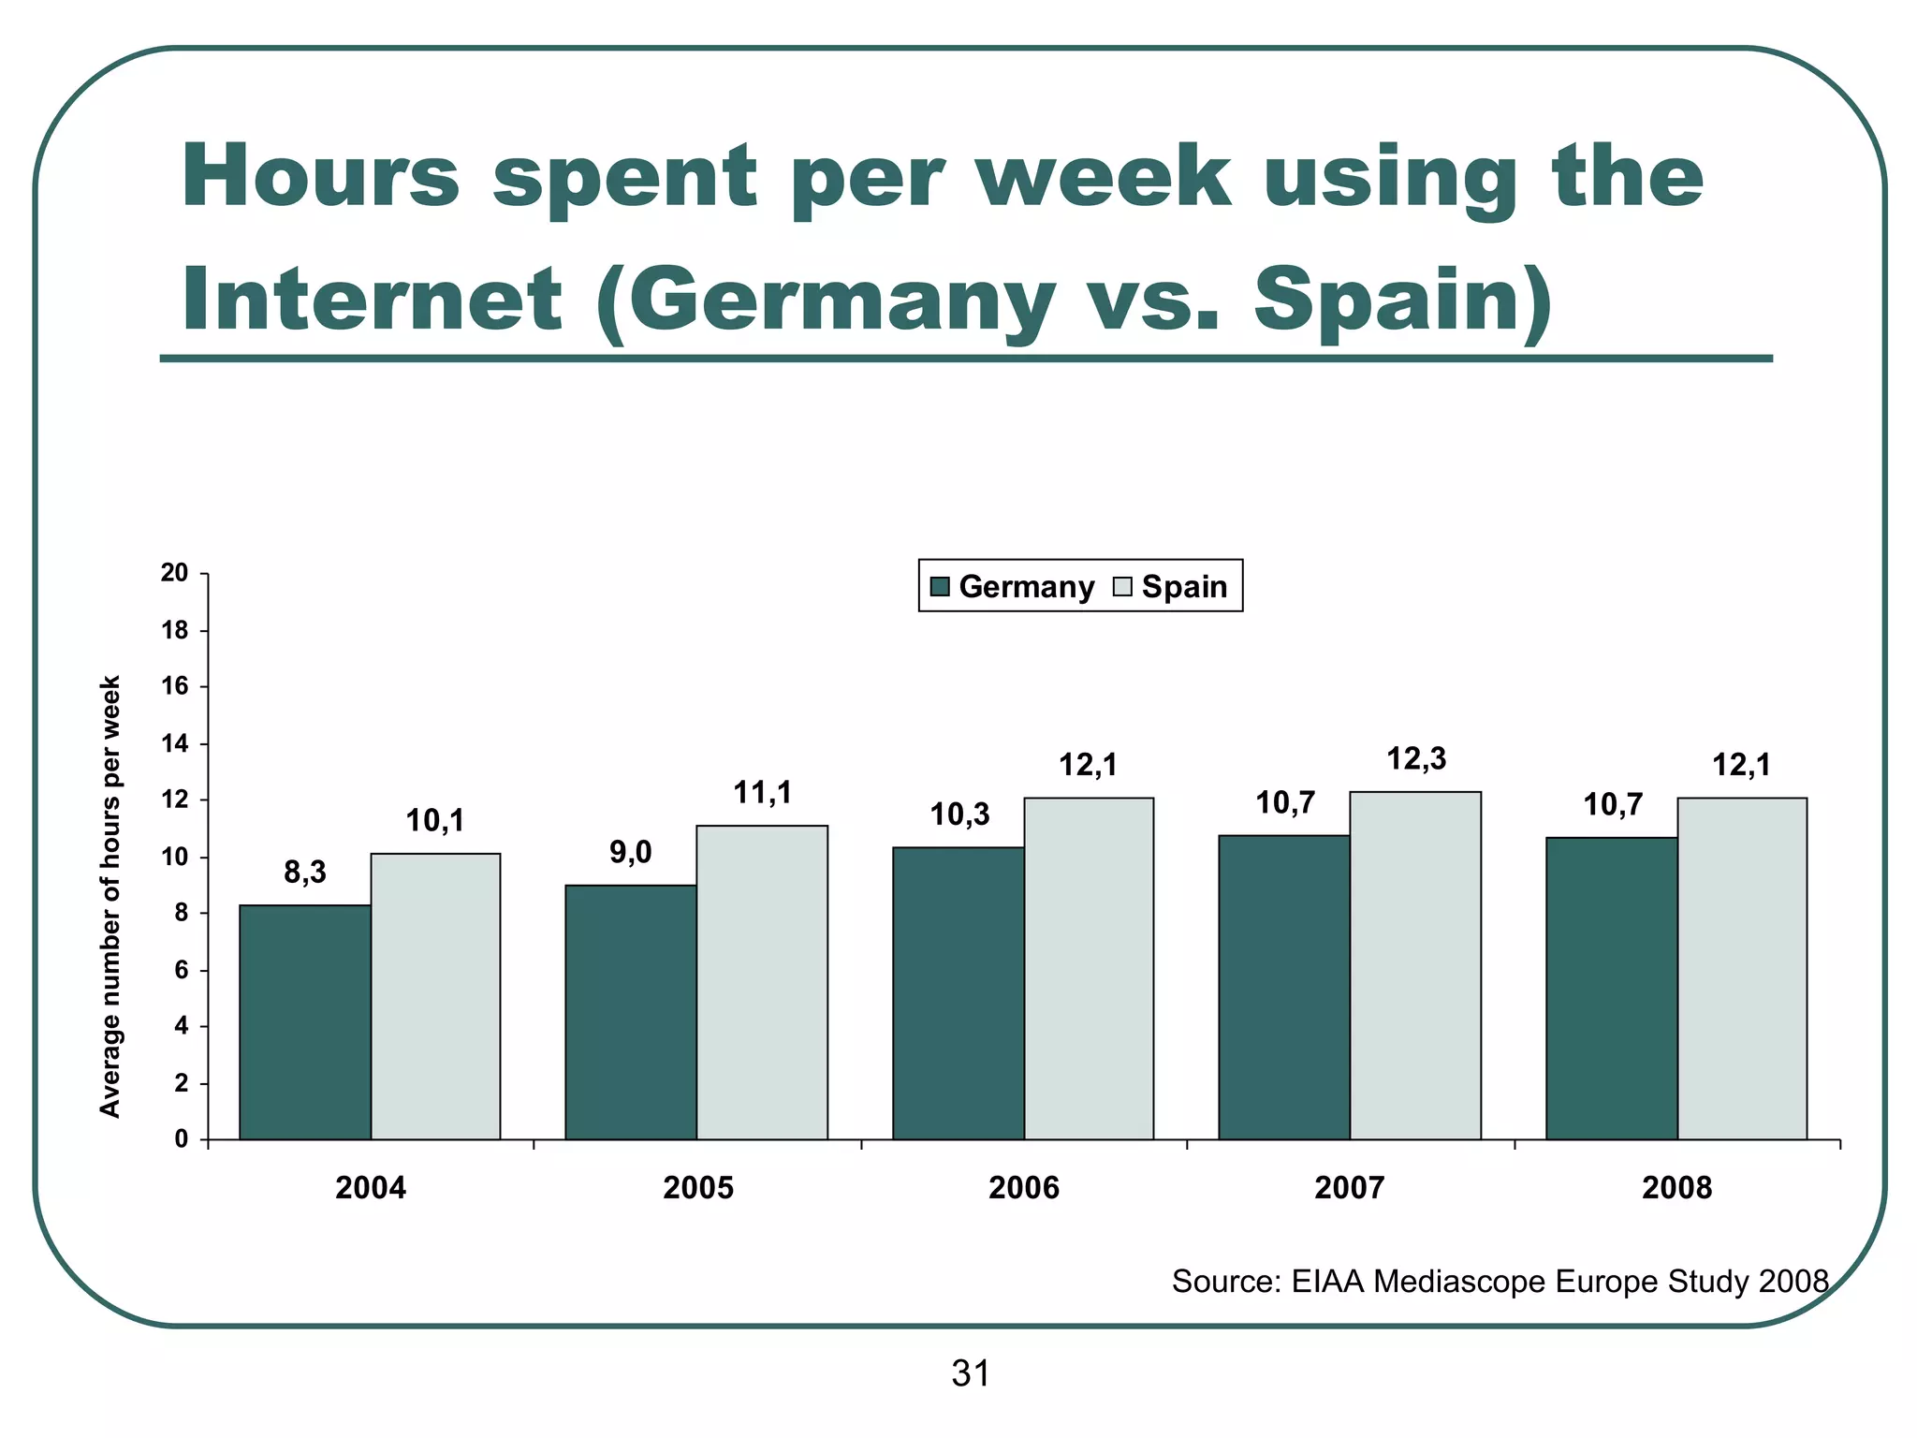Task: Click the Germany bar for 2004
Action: pos(305,1022)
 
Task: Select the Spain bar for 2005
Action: pos(762,983)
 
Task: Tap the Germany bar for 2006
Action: pos(958,993)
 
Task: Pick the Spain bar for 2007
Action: pos(1415,966)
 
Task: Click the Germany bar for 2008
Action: pos(1612,989)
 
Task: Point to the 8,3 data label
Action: pos(305,873)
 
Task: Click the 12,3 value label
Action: pos(1415,759)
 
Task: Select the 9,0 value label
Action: pos(631,853)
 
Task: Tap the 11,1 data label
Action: pos(762,794)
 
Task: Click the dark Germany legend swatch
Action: pos(941,587)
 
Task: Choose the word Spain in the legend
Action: pos(1184,587)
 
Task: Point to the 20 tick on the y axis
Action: pos(175,574)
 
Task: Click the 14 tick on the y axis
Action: pos(175,744)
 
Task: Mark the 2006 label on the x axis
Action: pos(1024,1189)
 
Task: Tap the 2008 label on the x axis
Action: pos(1676,1189)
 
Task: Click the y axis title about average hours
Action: pos(110,896)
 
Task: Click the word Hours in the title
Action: pos(321,176)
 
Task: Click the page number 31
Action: pos(971,1374)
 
